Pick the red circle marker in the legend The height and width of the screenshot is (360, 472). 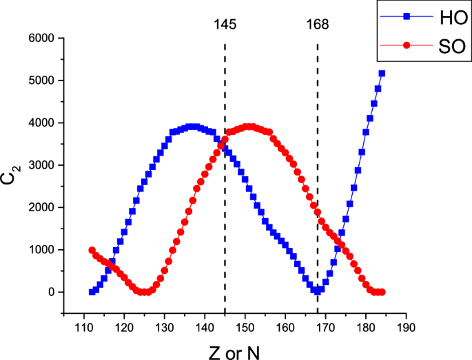click(407, 45)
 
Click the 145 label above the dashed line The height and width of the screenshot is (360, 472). click(225, 24)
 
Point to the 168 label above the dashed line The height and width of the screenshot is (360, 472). click(317, 24)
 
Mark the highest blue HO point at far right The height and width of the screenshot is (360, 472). click(382, 74)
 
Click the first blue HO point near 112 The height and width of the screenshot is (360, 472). click(92, 292)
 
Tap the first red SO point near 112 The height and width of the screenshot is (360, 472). click(92, 251)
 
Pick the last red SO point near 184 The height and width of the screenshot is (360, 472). click(382, 292)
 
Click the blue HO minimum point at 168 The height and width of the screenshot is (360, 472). click(317, 291)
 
